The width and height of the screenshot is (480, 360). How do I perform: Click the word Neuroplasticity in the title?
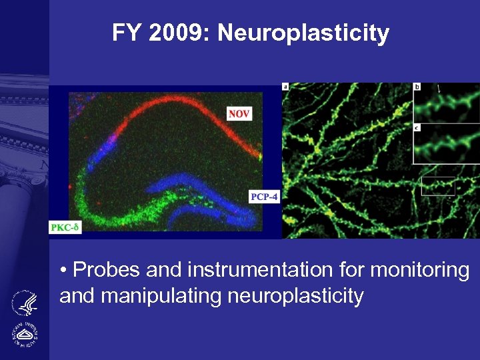click(303, 33)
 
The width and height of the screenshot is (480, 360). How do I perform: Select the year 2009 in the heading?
click(179, 32)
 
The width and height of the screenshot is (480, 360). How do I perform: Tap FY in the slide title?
click(127, 32)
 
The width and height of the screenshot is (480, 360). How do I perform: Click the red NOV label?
click(239, 114)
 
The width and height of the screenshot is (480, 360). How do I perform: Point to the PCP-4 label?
click(263, 197)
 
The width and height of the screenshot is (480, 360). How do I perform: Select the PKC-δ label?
click(65, 228)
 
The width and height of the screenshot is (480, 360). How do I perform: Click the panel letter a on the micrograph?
click(285, 87)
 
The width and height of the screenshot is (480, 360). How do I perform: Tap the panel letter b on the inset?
click(417, 87)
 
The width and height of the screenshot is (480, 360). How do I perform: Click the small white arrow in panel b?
click(438, 89)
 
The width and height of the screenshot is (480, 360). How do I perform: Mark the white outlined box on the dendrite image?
click(438, 186)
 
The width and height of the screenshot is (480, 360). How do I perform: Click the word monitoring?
click(421, 270)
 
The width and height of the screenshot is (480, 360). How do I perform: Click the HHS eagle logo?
click(26, 303)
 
